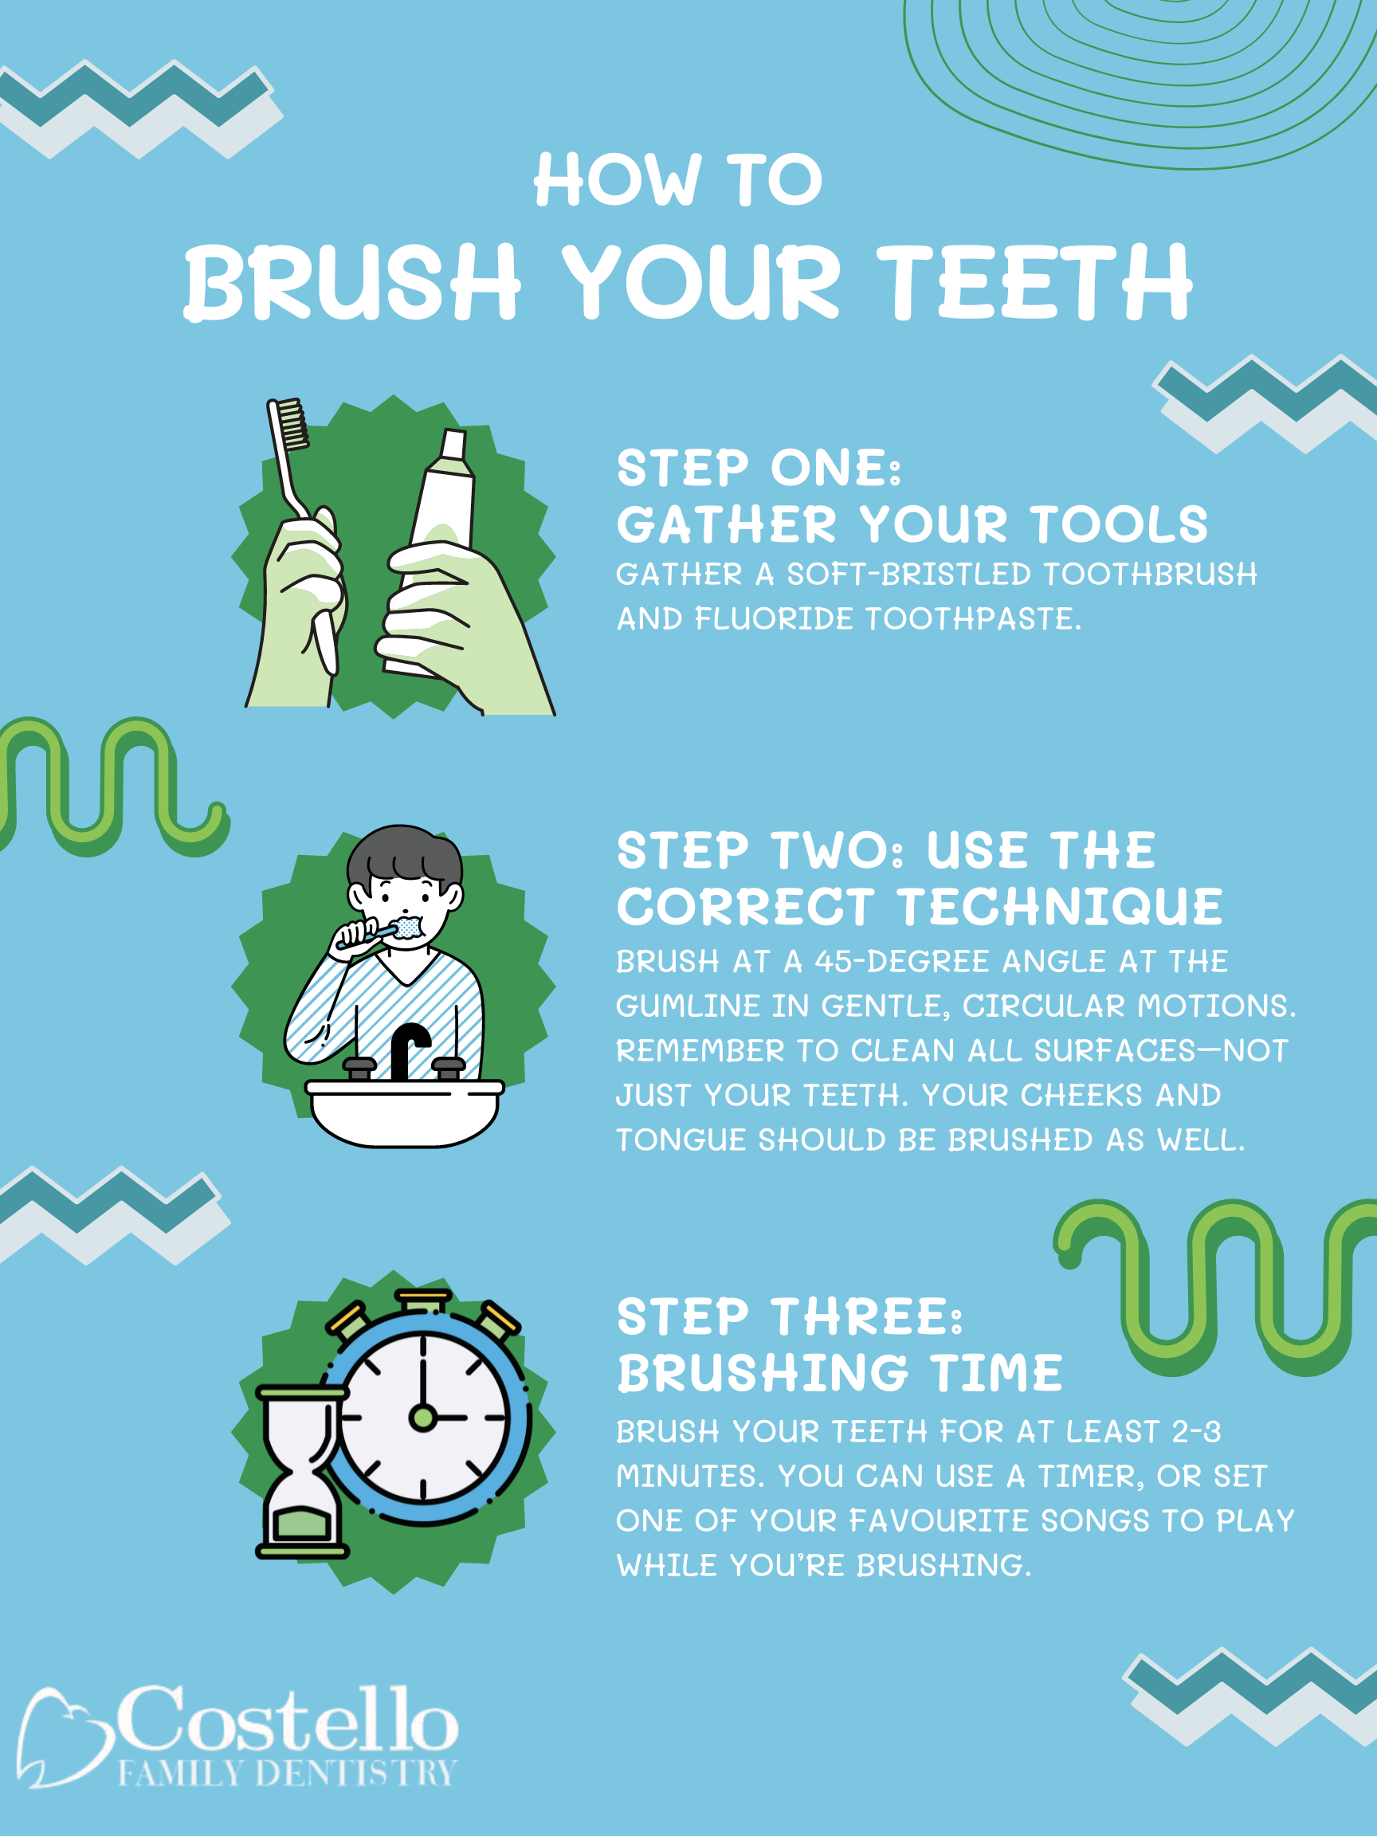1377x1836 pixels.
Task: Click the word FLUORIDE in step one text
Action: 774,619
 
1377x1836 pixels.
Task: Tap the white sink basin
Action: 404,1112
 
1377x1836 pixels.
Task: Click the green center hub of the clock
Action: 422,1417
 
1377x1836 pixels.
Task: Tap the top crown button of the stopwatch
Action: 422,1300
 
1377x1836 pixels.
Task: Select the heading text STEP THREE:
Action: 790,1317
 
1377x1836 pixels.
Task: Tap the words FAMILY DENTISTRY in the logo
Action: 287,1773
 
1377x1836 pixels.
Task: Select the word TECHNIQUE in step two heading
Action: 1060,906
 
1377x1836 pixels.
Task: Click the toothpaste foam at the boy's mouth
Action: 407,926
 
